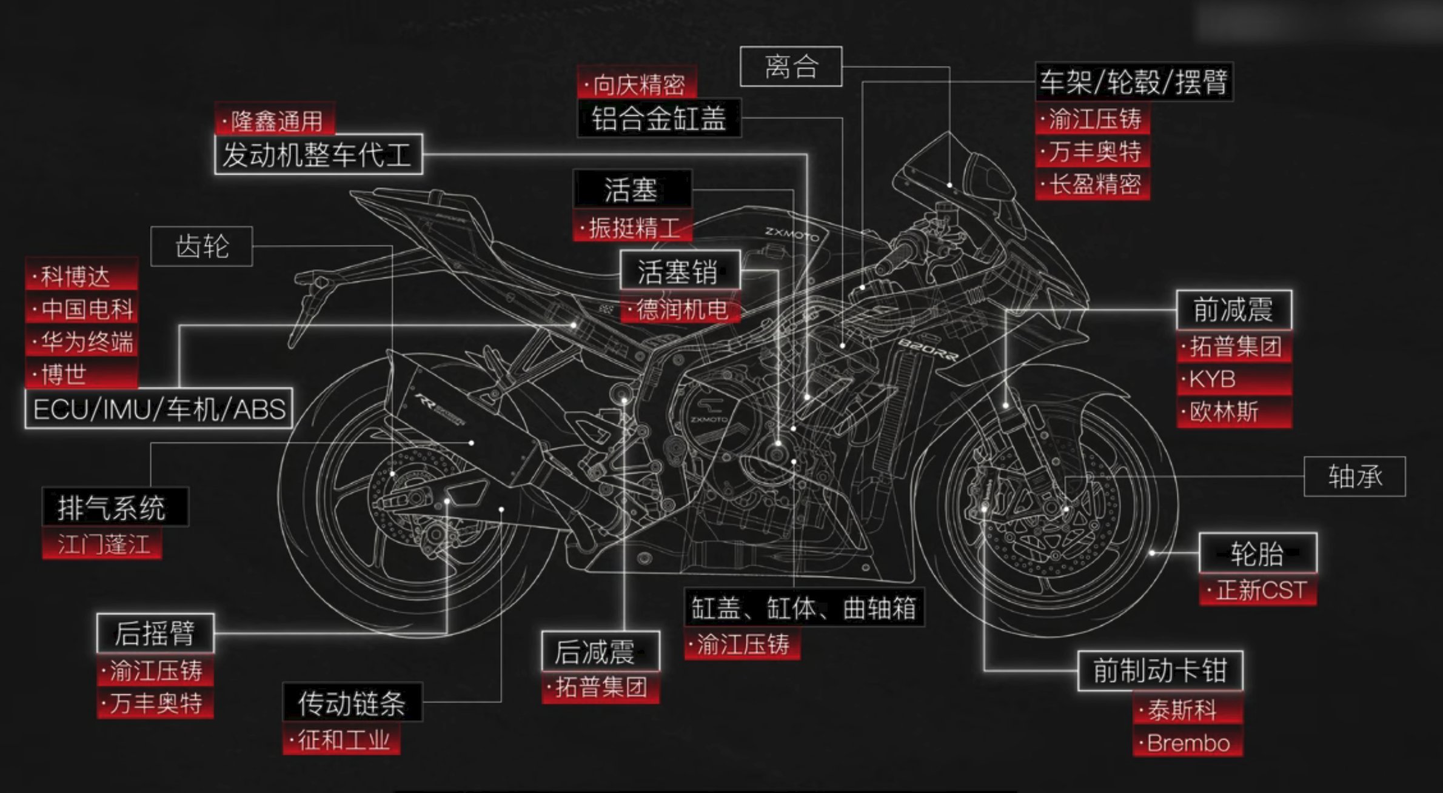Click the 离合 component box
click(x=791, y=66)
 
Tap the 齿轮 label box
click(x=201, y=246)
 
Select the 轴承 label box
click(x=1354, y=477)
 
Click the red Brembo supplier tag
click(x=1188, y=743)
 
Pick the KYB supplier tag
click(x=1234, y=380)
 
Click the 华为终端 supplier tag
click(x=82, y=342)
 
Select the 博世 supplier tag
click(x=82, y=375)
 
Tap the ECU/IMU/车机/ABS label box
click(x=159, y=409)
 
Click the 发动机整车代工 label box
click(x=318, y=155)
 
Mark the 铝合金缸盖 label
click(x=658, y=118)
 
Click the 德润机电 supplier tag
click(x=680, y=309)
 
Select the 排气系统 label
click(x=115, y=507)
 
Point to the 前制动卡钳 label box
click(x=1160, y=671)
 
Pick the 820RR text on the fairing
click(x=927, y=349)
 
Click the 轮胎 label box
click(x=1258, y=553)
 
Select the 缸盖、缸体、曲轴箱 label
click(x=804, y=607)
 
